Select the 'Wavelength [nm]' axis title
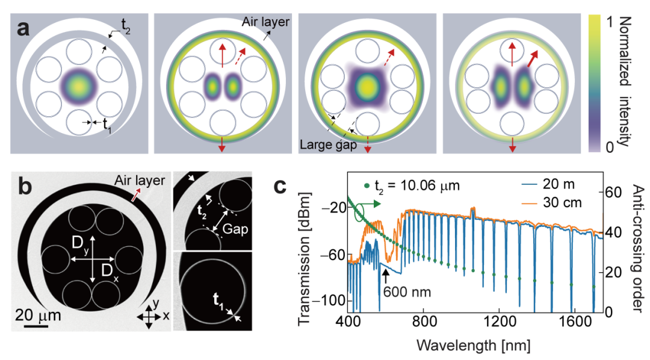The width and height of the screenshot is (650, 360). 474,346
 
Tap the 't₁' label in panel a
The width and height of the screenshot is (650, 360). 107,125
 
